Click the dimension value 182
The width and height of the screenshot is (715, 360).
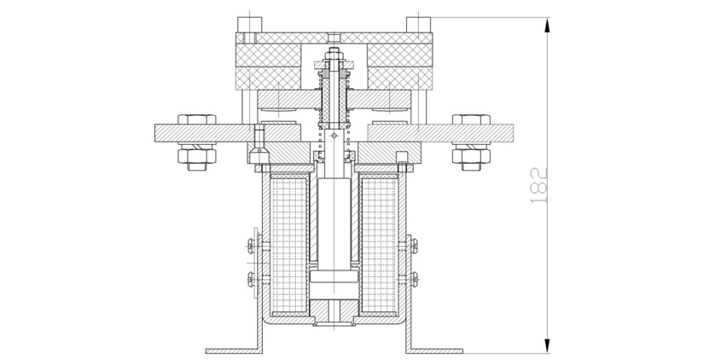[x=539, y=185]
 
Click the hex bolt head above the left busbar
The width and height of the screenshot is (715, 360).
[x=196, y=119]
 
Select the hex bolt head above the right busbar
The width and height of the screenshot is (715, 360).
[x=471, y=119]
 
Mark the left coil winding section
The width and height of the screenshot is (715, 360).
[x=289, y=245]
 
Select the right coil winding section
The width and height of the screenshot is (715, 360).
[x=379, y=245]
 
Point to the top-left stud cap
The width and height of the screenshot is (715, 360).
[x=250, y=25]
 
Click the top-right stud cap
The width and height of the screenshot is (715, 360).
[x=419, y=25]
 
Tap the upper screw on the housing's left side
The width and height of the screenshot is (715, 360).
[x=253, y=246]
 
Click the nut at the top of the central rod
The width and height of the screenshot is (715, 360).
[x=334, y=56]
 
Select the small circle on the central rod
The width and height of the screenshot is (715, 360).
[x=334, y=136]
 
